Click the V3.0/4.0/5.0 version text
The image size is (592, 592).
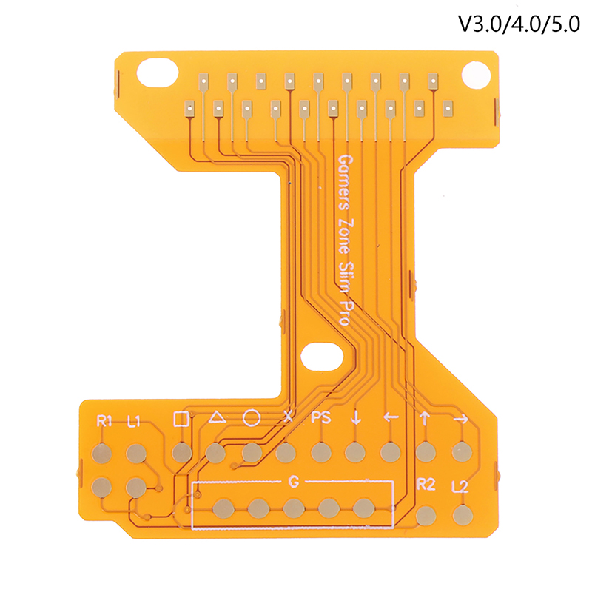coord(519,25)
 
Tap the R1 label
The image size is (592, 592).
coord(104,420)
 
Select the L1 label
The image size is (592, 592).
coord(134,421)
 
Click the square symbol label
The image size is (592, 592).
coord(181,419)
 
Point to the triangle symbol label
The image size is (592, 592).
coord(217,417)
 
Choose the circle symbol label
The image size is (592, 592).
coord(252,418)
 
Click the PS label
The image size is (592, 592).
coord(321,417)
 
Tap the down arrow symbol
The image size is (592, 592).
coord(356,417)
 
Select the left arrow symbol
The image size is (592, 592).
coord(391,417)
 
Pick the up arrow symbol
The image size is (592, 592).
coord(425,418)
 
